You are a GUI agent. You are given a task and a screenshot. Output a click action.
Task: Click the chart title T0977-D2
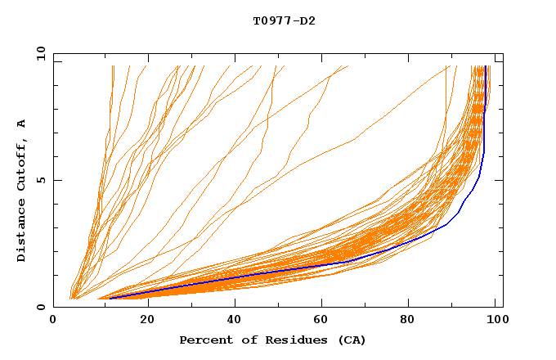tap(284, 20)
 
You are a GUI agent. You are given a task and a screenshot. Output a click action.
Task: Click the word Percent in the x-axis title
tap(204, 340)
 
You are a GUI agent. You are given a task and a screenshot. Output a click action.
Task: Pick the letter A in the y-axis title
tap(22, 124)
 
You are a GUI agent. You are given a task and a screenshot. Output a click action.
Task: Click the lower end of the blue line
tap(110, 298)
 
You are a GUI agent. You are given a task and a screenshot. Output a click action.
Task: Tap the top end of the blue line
tap(486, 67)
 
